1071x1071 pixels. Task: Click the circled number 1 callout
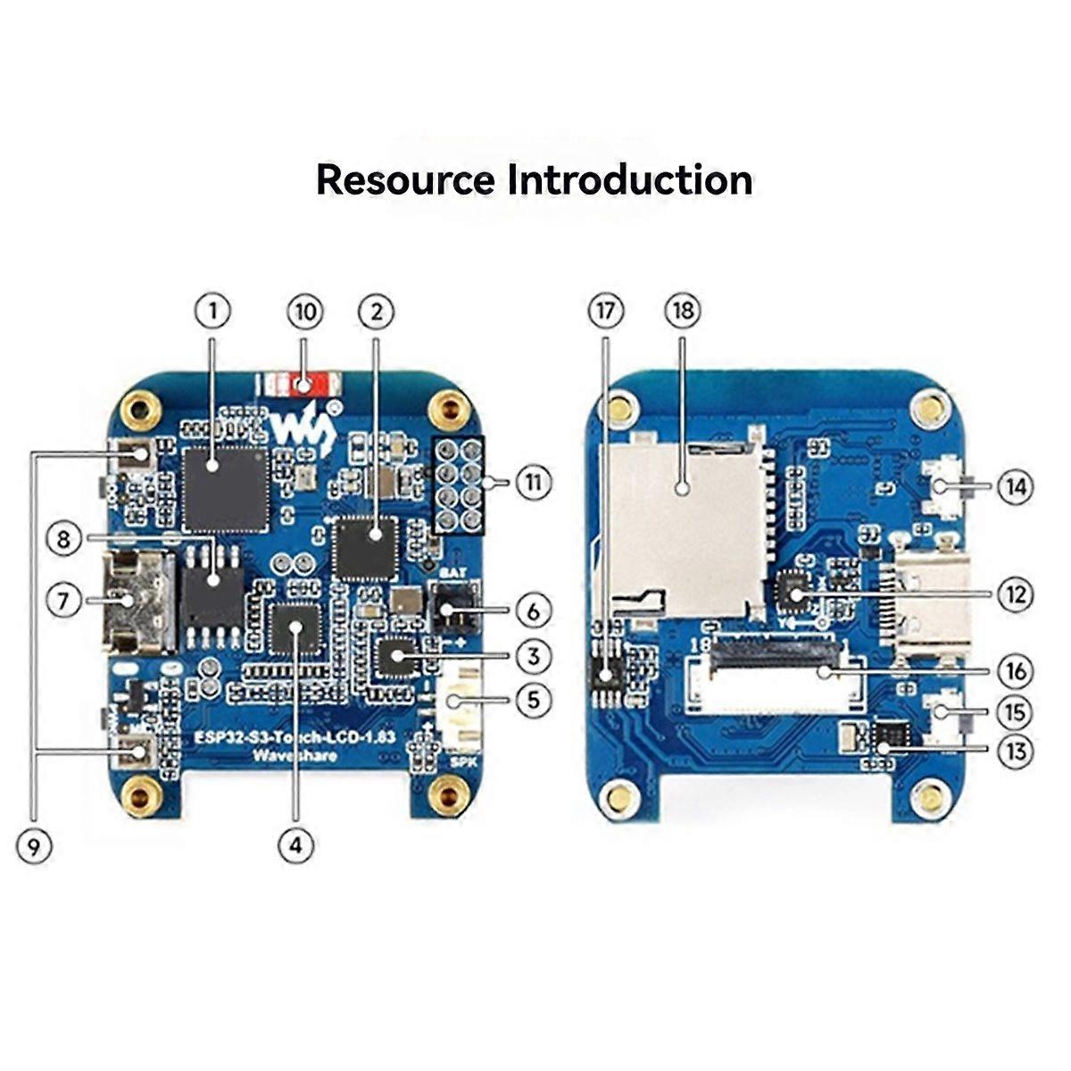coord(212,311)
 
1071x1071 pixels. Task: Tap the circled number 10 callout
coord(305,311)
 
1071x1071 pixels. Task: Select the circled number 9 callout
coord(34,846)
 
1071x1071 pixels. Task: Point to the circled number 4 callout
coord(296,845)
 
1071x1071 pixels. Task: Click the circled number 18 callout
coord(683,311)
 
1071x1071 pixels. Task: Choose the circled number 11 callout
coord(534,483)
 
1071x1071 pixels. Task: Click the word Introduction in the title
coord(630,179)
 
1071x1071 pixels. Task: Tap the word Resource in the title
coord(404,179)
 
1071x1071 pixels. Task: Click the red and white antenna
coord(300,384)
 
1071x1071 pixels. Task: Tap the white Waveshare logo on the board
coord(303,428)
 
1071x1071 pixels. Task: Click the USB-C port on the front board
coord(135,600)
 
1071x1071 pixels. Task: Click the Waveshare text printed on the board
coord(295,757)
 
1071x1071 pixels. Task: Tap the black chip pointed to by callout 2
coord(365,546)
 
